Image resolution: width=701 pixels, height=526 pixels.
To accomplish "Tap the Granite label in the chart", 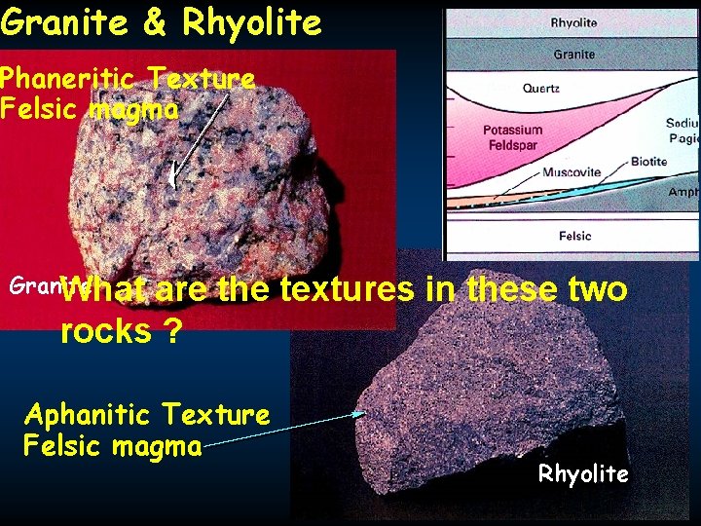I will point(573,55).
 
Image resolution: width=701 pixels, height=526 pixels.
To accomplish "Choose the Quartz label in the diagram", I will point(540,88).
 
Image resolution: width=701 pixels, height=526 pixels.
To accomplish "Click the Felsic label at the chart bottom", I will point(574,236).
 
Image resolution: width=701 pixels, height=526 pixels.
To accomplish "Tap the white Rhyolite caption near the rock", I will point(583,474).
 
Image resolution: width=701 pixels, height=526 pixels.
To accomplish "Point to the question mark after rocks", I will point(172,332).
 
